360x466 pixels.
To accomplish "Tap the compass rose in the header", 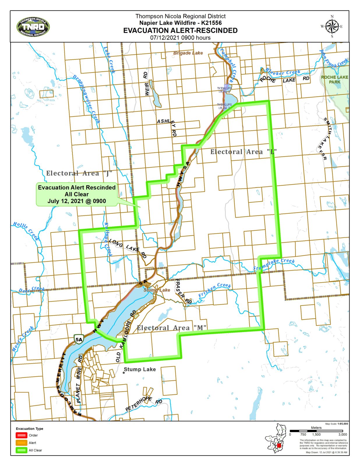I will pos(332,27).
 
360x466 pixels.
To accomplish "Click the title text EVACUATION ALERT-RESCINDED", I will pos(180,31).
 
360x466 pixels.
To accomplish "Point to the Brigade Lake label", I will pos(188,53).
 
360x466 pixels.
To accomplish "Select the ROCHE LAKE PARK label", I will pos(334,80).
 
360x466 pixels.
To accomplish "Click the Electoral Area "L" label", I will pos(243,152).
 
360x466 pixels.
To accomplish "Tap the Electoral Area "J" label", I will pos(79,174).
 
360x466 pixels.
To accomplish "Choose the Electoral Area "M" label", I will pos(172,328).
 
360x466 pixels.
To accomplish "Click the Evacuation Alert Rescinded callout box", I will pos(77,194).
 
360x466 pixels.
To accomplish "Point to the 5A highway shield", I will pos(79,339).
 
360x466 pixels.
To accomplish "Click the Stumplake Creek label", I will pos(273,264).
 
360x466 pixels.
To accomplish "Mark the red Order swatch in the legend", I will pos(21,435).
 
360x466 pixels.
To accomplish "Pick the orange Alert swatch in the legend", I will pos(21,443).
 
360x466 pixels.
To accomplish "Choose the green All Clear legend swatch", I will pos(21,450).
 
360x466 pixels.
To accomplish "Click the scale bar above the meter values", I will pos(316,431).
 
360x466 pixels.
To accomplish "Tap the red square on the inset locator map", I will pos(279,446).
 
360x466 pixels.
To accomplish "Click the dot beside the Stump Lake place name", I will pos(124,373).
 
